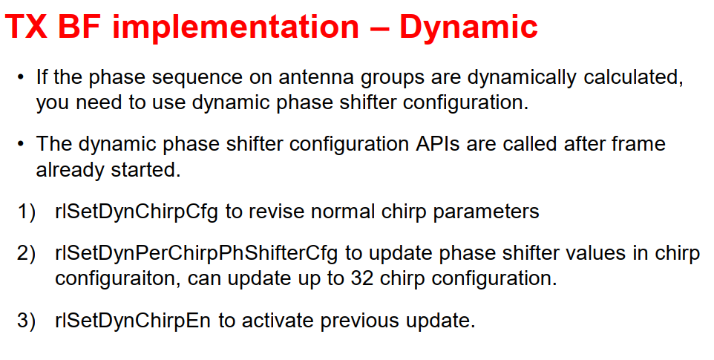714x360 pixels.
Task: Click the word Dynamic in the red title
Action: click(468, 27)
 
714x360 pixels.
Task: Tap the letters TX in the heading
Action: click(26, 27)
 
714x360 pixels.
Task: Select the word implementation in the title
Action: click(236, 27)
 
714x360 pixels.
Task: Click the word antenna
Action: click(316, 77)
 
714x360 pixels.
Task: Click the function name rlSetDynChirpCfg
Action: click(137, 212)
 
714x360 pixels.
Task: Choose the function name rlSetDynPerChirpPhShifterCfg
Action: click(196, 254)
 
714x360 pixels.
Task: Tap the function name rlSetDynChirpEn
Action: click(133, 321)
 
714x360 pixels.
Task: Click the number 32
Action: click(362, 278)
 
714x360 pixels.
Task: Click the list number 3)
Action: click(26, 321)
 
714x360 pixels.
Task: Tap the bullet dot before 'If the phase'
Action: click(21, 78)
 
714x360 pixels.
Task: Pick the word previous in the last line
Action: click(360, 321)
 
